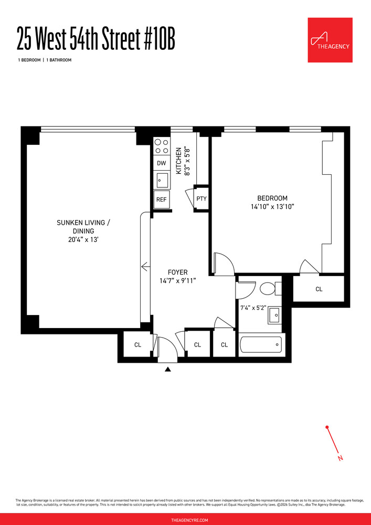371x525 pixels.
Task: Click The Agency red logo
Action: pyautogui.click(x=330, y=40)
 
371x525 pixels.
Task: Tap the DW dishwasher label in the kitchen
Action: pyautogui.click(x=162, y=163)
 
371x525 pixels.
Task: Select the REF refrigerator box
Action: pyautogui.click(x=162, y=199)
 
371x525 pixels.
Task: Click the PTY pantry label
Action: pyautogui.click(x=202, y=199)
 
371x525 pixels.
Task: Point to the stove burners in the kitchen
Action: pyautogui.click(x=162, y=146)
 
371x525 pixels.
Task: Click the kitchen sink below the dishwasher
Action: pyautogui.click(x=162, y=180)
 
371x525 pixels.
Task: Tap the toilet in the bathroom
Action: pyautogui.click(x=268, y=288)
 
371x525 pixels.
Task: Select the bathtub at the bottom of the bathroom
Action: pyautogui.click(x=261, y=345)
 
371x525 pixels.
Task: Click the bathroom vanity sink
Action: pyautogui.click(x=274, y=316)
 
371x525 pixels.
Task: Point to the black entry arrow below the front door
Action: pyautogui.click(x=168, y=370)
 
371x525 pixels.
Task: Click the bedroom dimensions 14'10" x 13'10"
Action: pyautogui.click(x=272, y=207)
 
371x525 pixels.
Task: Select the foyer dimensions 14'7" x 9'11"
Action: pyautogui.click(x=177, y=281)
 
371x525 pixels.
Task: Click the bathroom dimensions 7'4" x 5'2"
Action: pyautogui.click(x=252, y=308)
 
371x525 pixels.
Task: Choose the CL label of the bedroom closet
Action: pyautogui.click(x=319, y=289)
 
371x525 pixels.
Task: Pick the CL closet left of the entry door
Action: pyautogui.click(x=137, y=345)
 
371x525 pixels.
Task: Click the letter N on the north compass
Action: pyautogui.click(x=341, y=458)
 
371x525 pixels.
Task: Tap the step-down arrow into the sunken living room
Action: pyautogui.click(x=145, y=267)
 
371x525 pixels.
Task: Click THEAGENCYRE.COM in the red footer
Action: pyautogui.click(x=185, y=520)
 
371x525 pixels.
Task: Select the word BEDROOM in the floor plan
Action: pyautogui.click(x=272, y=198)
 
